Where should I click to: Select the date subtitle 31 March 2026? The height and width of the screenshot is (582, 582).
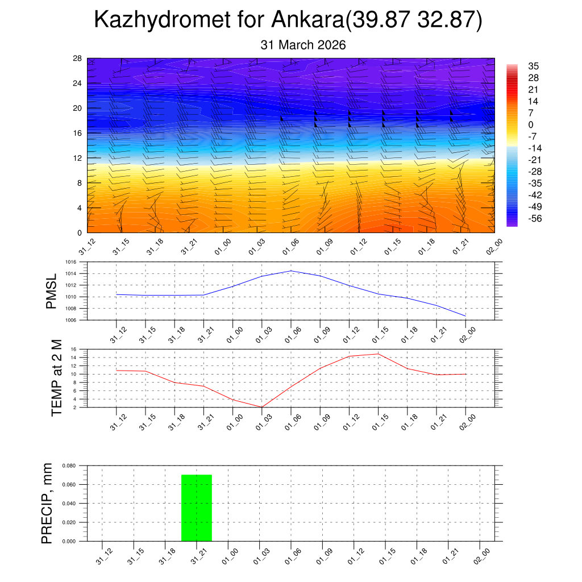pyautogui.click(x=303, y=45)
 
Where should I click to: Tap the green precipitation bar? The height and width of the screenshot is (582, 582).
pyautogui.click(x=197, y=508)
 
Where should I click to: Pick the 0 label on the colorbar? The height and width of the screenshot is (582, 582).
pyautogui.click(x=531, y=125)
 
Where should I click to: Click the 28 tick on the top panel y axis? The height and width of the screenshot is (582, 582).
pyautogui.click(x=78, y=59)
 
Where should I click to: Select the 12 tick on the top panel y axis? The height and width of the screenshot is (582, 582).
pyautogui.click(x=78, y=158)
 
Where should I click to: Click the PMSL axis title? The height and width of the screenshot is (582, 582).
pyautogui.click(x=52, y=291)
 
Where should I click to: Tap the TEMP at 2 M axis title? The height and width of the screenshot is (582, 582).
pyautogui.click(x=56, y=378)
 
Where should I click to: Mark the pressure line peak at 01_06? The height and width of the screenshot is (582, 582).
pyautogui.click(x=291, y=271)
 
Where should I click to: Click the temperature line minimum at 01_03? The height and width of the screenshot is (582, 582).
pyautogui.click(x=261, y=407)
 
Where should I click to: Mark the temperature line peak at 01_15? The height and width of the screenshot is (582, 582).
pyautogui.click(x=378, y=354)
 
